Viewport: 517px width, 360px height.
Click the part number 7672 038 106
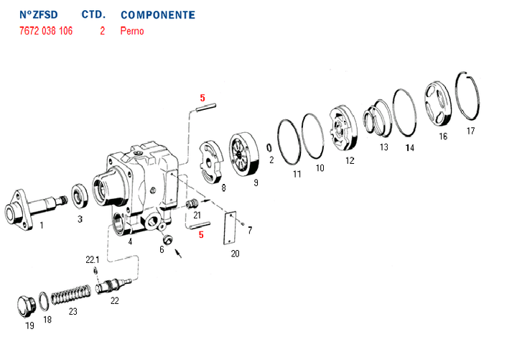[x=45, y=32]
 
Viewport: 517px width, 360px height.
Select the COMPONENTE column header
[x=157, y=15]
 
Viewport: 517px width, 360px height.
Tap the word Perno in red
[x=132, y=32]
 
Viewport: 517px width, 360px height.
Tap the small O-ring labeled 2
[x=269, y=147]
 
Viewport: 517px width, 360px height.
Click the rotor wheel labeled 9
[x=245, y=154]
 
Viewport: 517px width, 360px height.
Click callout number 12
[x=350, y=161]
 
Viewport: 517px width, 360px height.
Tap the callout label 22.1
[x=93, y=259]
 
